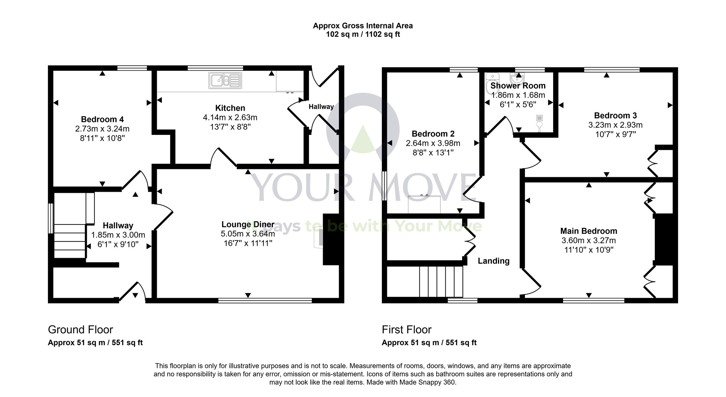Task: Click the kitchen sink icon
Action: coord(225,80)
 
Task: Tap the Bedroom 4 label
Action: coord(102,119)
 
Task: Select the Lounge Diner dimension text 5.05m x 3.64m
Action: coord(248,234)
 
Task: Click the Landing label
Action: coord(493,261)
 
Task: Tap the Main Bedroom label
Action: coord(588,231)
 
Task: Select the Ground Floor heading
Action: coord(81,330)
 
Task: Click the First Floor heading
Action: coord(407,330)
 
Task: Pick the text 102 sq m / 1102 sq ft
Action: coord(363,35)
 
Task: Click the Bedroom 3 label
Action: coord(615,116)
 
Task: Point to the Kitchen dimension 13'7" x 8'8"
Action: coord(230,127)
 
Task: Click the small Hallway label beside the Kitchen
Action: coord(321,107)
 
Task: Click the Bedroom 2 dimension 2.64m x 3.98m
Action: coord(433,143)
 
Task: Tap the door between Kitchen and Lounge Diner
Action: coord(224,159)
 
